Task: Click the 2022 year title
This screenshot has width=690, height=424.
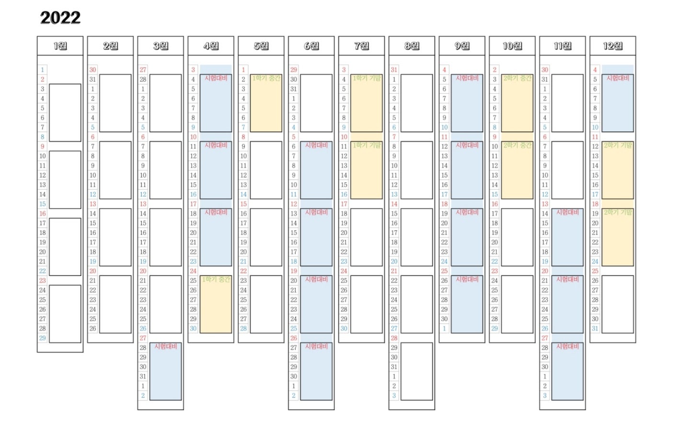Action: tap(60, 18)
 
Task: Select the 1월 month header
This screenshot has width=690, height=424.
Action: tap(60, 46)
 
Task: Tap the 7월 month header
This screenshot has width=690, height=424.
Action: tap(362, 46)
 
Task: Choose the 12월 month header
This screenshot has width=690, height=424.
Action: tap(613, 46)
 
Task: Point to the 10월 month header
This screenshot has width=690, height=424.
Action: tap(512, 46)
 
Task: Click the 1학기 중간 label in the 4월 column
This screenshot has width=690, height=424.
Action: tap(216, 279)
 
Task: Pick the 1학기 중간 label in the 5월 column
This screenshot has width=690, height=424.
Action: tap(266, 78)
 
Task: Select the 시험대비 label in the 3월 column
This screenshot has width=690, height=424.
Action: tap(166, 346)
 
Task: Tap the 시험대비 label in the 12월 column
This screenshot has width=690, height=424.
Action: tap(618, 78)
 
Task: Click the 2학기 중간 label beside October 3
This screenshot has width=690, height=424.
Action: tap(517, 78)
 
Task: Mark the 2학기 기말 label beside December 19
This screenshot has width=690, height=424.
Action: tap(618, 212)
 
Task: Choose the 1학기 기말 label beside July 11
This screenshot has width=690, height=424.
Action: tap(367, 145)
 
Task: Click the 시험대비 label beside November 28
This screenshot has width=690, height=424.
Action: tap(568, 346)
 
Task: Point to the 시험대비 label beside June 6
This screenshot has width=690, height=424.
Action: tap(317, 145)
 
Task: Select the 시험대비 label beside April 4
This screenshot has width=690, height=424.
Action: tap(216, 78)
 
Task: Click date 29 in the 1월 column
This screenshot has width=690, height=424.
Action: tap(43, 338)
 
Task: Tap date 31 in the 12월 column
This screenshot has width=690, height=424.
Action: tap(595, 329)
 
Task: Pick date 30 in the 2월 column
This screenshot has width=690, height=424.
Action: tap(92, 70)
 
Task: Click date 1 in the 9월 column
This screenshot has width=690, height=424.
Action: tap(444, 329)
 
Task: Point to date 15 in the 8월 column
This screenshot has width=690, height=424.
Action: tap(394, 213)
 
